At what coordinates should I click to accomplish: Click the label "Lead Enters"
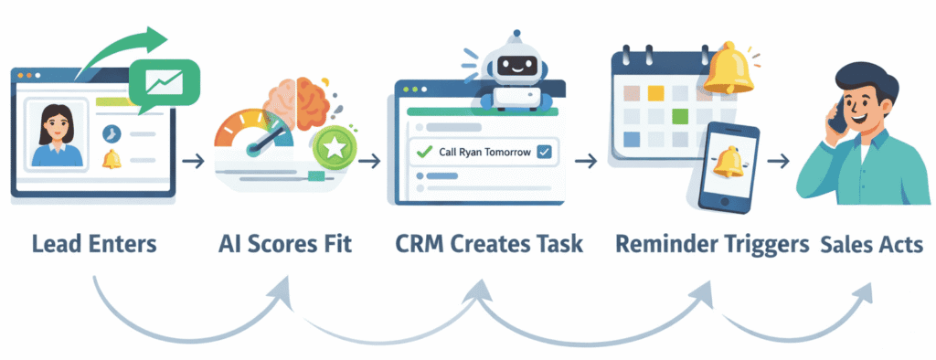coord(93,245)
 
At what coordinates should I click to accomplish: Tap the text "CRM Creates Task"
coord(490,245)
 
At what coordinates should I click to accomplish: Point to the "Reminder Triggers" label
coord(711,245)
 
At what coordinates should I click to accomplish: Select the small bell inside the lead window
coord(112,159)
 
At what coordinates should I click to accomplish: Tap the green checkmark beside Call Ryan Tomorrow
coord(421,152)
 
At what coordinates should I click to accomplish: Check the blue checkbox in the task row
coord(545,152)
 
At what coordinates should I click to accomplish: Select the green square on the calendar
coord(679,117)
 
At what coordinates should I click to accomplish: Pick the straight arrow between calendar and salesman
coord(779,162)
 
